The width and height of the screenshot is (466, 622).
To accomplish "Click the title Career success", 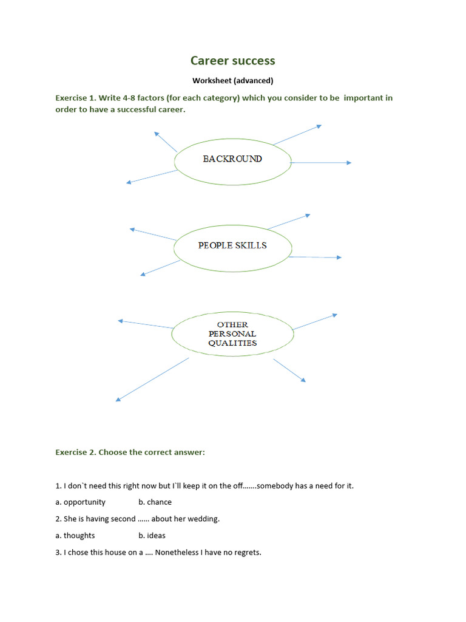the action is tap(232, 61).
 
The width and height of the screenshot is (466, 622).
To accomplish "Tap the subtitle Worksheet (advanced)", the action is tap(232, 80).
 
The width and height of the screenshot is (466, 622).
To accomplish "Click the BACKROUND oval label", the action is tap(232, 159).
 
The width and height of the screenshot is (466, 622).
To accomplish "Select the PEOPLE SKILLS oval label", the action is tap(232, 245).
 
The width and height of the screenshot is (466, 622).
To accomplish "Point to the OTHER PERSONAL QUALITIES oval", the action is tap(232, 333).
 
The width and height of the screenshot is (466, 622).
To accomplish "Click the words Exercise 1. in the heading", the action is tap(76, 98).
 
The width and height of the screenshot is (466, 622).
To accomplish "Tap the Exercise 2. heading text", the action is tap(76, 453).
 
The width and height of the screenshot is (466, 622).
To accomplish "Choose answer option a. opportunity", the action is tap(81, 502).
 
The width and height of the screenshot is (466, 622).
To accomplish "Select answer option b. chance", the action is tap(155, 502).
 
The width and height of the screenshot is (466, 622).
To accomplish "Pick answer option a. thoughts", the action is tap(75, 536).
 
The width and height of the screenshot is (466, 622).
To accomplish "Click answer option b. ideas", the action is tap(152, 536).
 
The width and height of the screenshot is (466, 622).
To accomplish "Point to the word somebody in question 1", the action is tap(275, 486).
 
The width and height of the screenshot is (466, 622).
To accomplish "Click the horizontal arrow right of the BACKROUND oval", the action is tap(321, 163).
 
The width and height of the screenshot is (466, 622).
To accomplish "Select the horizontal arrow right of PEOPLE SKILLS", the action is tap(314, 258).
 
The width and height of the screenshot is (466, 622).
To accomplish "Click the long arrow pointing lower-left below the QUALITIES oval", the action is tap(152, 380).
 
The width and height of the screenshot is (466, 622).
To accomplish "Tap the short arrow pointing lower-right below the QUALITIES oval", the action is tap(289, 371).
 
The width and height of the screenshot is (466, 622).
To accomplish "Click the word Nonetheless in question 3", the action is tap(176, 553).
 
